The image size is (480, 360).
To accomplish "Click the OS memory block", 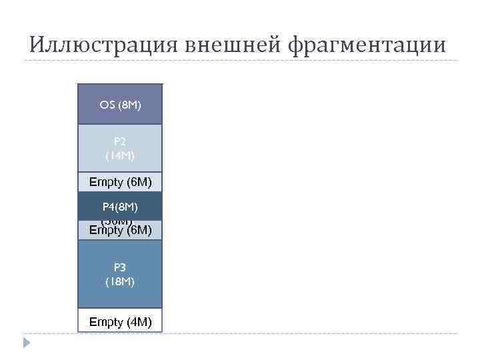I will click(x=120, y=104).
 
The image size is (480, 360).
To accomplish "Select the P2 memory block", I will click(x=120, y=148).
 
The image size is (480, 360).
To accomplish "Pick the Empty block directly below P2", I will click(x=120, y=182).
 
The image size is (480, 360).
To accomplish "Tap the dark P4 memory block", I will click(x=120, y=205).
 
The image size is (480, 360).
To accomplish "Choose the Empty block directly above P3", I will click(x=120, y=231).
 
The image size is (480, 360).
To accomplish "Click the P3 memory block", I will click(x=120, y=274).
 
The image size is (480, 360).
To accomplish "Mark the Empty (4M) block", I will click(x=120, y=322).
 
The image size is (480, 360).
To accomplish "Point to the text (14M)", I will click(x=120, y=155).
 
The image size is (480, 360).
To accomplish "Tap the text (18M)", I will click(x=120, y=281).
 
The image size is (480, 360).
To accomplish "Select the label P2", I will click(x=120, y=141).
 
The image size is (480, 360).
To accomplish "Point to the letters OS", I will click(x=107, y=105).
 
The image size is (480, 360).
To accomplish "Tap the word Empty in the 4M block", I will click(x=106, y=323).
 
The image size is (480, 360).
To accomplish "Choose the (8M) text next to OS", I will click(x=129, y=105).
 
